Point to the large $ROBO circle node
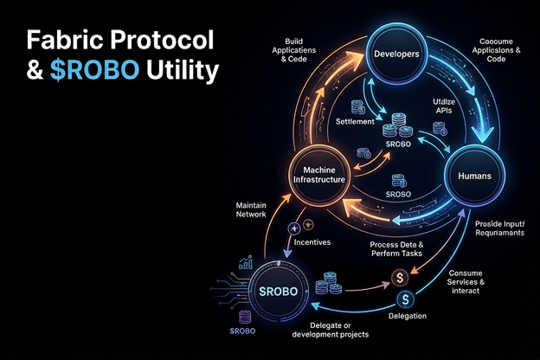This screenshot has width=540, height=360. tap(279, 290)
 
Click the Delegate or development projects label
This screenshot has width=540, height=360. tap(332, 330)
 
